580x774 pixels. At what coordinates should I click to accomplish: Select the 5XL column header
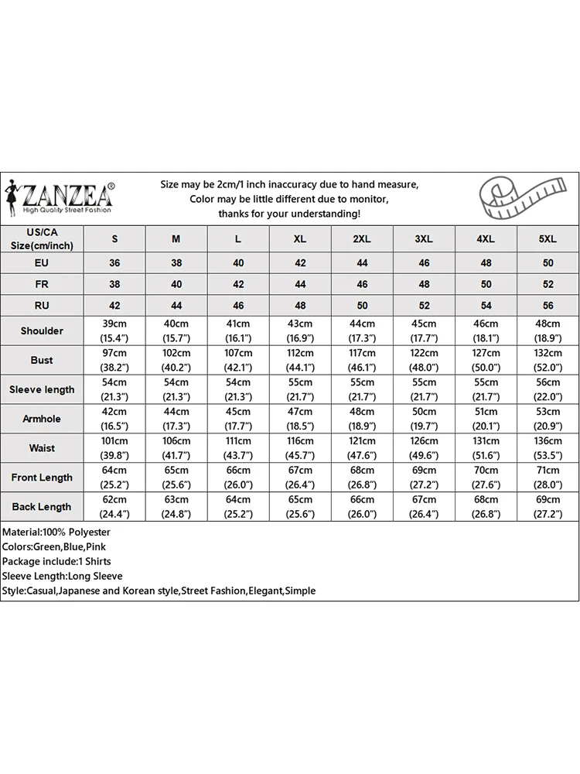pos(548,239)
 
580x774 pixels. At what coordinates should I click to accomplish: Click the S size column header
pos(114,239)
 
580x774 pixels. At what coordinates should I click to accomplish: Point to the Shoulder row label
pos(42,331)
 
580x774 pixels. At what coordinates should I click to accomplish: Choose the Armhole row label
pos(42,419)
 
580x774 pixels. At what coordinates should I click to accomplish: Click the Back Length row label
pos(42,507)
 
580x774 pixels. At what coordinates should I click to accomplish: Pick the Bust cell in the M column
pos(176,360)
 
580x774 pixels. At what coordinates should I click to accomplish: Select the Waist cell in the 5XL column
pos(548,448)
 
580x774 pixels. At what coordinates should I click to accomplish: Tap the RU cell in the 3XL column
pos(424,306)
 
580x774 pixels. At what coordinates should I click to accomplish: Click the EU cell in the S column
pos(114,263)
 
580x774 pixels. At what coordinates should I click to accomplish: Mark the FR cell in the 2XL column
pos(362,284)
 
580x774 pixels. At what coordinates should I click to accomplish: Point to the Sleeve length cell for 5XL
pos(548,389)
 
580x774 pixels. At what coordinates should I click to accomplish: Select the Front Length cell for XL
pos(300,478)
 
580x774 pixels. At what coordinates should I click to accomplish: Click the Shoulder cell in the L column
pos(238,331)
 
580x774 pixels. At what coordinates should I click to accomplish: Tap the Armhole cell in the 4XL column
pos(486,419)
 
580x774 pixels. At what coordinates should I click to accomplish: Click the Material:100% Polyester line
pos(56,533)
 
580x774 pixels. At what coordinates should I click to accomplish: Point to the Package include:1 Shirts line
pos(56,562)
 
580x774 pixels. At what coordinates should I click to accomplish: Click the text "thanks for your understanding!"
pos(289,214)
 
